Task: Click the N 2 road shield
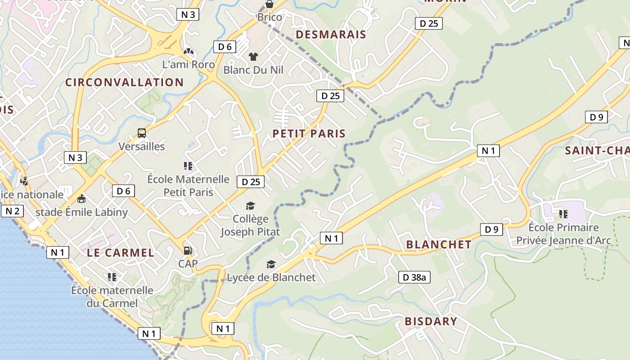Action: coord(12,211)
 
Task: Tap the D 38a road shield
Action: coord(414,277)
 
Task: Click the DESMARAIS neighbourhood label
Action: coord(331,35)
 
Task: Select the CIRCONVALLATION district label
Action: coord(125,82)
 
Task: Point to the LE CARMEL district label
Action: coord(121,253)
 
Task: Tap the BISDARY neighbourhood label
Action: coord(431,321)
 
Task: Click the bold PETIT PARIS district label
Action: coord(309,134)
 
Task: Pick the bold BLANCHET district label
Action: coord(439,245)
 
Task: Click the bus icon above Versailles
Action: coord(142,133)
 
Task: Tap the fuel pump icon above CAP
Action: coord(188,250)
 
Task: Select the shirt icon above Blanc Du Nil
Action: coord(253,57)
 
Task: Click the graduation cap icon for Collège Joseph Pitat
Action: coord(250,206)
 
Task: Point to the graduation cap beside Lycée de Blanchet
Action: coord(271,264)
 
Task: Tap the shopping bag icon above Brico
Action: coord(269,4)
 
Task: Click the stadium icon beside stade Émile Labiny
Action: coord(82,198)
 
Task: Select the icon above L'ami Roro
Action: coord(188,52)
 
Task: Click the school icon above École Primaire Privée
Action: coord(563,214)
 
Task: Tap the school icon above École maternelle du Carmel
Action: coord(112,277)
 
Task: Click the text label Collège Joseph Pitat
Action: coord(250,225)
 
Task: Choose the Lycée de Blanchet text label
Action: coord(271,278)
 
